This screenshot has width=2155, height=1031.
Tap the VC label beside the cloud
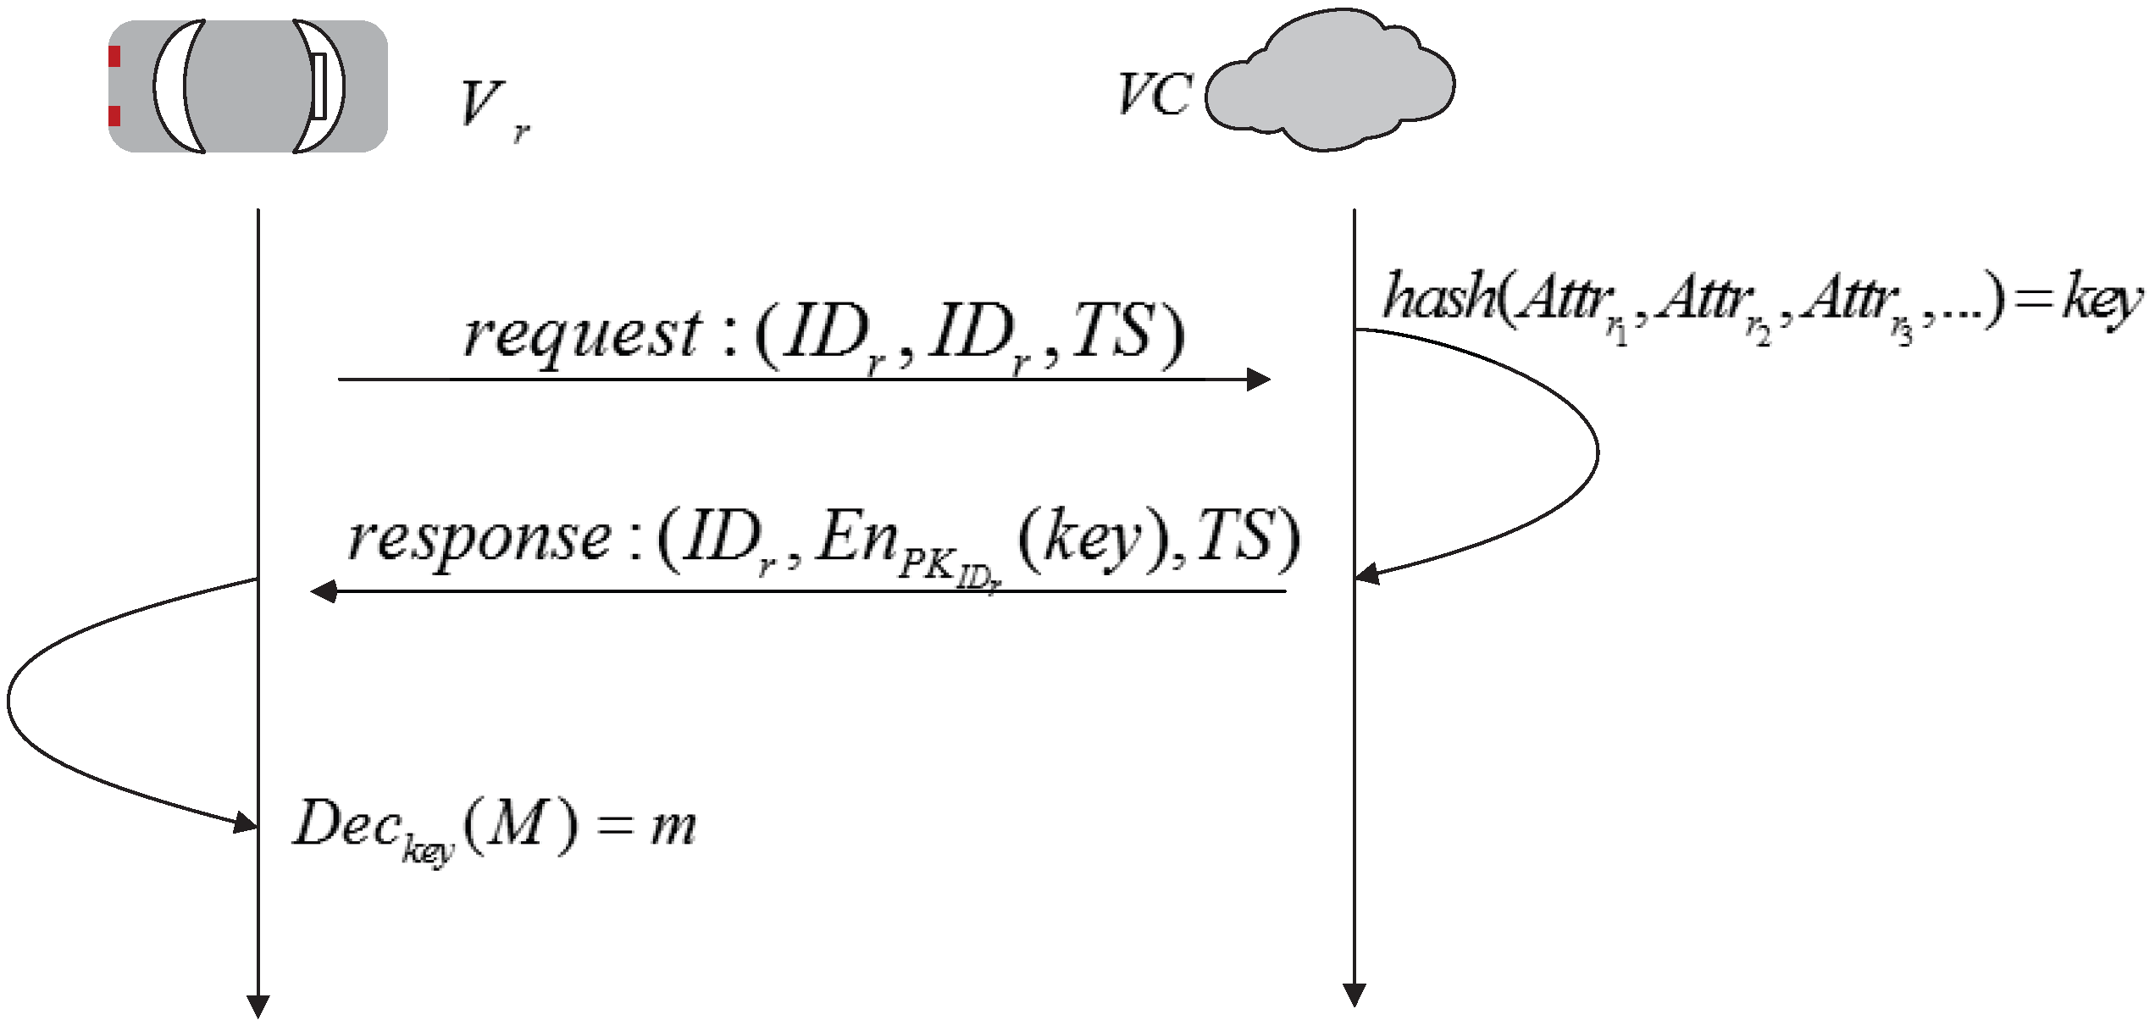1155,95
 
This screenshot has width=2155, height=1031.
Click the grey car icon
248,86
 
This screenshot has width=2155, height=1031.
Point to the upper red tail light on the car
114,57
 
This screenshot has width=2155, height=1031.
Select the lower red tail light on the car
114,116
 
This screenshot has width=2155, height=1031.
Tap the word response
479,539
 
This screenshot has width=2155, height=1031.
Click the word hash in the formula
1438,297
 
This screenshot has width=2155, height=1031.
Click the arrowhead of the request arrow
1259,380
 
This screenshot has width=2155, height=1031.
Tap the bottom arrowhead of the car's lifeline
258,1006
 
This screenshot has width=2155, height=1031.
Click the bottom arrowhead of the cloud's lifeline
1354,995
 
